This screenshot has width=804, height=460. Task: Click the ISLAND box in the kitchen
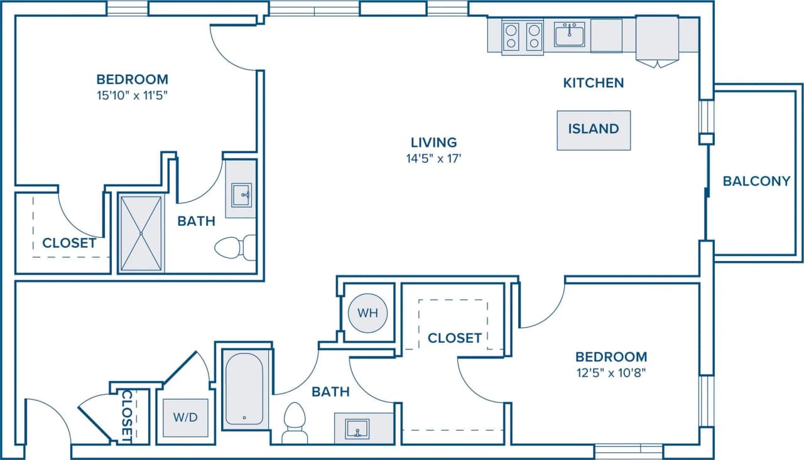tap(594, 130)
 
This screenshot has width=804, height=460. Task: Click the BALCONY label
tap(756, 181)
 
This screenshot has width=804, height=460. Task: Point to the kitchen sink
tap(569, 35)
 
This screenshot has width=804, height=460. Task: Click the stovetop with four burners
tap(523, 36)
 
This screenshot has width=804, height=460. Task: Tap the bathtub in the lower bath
tap(244, 389)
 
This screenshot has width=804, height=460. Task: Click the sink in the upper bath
tap(241, 195)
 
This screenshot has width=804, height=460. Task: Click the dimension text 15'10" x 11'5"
tap(132, 96)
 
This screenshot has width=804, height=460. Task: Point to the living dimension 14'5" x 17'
tap(433, 159)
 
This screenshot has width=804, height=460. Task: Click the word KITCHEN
tap(593, 83)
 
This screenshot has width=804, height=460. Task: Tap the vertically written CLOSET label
tap(128, 414)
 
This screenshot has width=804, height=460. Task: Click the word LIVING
tap(433, 142)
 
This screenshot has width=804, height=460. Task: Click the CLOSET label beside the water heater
tap(454, 338)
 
